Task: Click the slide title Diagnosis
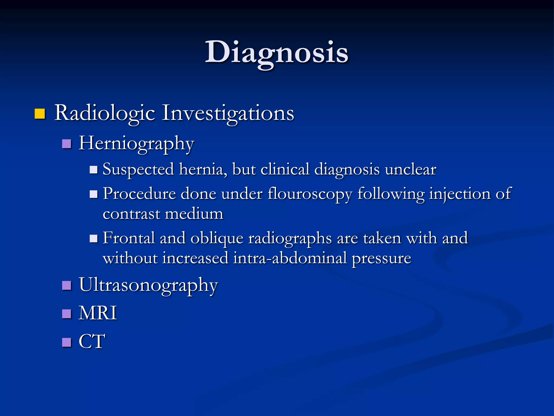[276, 52]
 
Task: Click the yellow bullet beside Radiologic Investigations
[40, 114]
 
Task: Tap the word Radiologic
[105, 113]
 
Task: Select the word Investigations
[228, 113]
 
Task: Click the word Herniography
[136, 144]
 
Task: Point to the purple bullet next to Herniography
[67, 144]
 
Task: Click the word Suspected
[138, 170]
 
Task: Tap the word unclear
[410, 170]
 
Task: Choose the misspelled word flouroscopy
[310, 194]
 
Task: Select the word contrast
[131, 214]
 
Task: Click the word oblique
[217, 238]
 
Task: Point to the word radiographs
[290, 238]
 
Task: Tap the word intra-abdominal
[290, 258]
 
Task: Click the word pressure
[381, 258]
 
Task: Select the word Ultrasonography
[148, 285]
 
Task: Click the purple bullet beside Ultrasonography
[67, 285]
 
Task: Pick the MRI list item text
[98, 313]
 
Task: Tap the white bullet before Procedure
[94, 194]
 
